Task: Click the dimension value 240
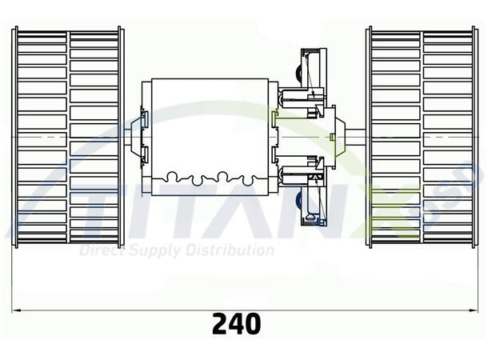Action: pyautogui.click(x=237, y=323)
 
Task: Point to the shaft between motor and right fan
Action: pyautogui.click(x=352, y=137)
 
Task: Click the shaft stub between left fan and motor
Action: pyautogui.click(x=131, y=137)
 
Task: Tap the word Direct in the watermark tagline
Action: pyautogui.click(x=101, y=250)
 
